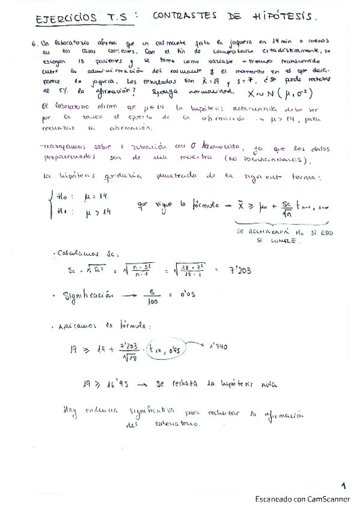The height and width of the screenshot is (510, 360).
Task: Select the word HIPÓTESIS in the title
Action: pyautogui.click(x=294, y=18)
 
